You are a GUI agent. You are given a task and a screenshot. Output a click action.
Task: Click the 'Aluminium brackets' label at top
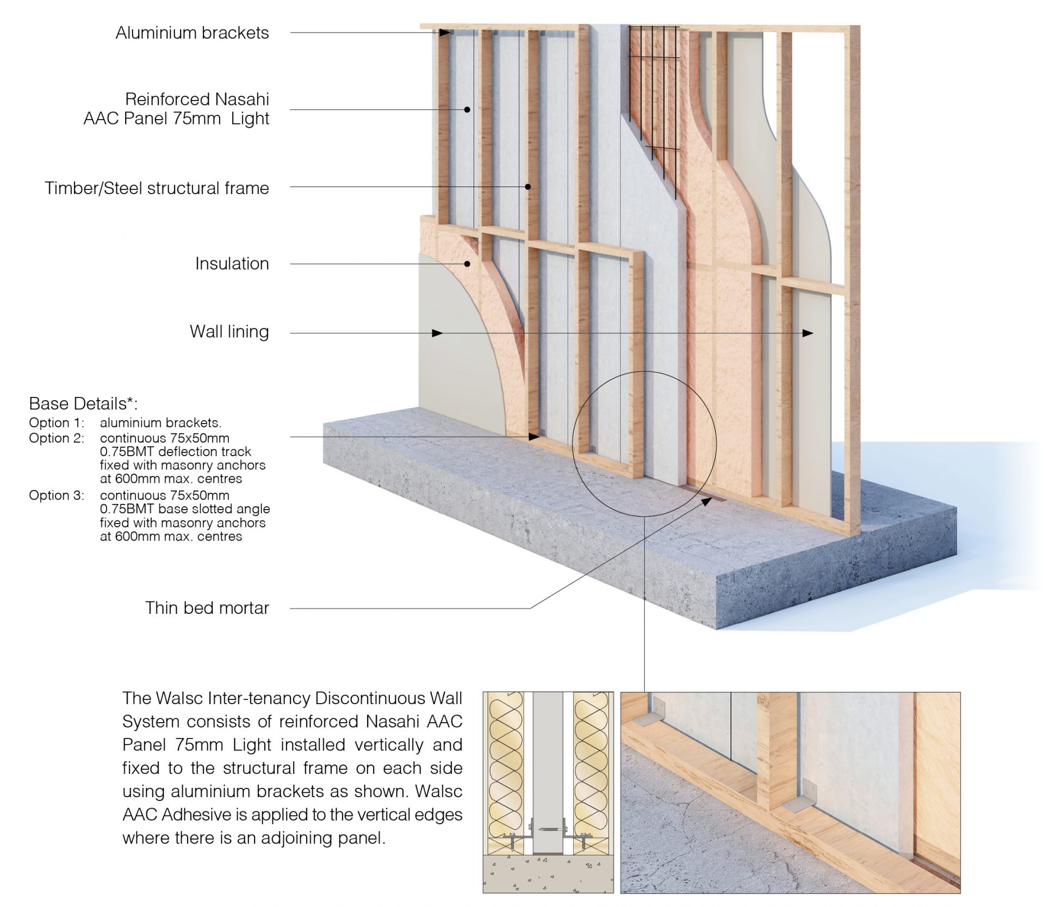[192, 33]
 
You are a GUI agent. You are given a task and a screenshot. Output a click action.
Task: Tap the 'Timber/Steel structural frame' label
[157, 188]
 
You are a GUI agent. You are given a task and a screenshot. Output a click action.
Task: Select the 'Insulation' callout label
[232, 264]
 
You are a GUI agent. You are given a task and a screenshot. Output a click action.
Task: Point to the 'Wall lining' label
[229, 332]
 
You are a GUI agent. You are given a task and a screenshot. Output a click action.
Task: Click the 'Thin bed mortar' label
[207, 608]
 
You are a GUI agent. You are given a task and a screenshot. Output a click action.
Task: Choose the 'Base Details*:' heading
[83, 403]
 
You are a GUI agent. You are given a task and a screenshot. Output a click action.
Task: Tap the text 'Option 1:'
[57, 423]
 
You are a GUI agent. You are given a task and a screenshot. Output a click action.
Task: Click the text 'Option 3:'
[57, 495]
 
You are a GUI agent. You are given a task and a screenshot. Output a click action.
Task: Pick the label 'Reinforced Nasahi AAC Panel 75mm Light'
[176, 109]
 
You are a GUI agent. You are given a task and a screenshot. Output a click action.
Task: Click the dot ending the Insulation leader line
[467, 264]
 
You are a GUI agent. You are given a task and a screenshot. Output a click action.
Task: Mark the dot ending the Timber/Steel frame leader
[527, 187]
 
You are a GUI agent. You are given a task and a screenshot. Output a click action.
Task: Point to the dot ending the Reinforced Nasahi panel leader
[467, 109]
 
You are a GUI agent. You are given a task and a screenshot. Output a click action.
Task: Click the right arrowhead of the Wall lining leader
[809, 333]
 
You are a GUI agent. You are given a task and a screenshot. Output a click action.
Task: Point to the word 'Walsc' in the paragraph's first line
[175, 698]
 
